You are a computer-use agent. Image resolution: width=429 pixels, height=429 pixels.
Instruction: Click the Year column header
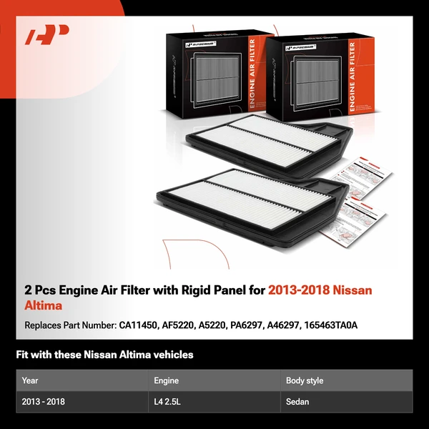(30, 380)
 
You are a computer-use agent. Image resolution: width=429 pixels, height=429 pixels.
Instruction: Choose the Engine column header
(167, 380)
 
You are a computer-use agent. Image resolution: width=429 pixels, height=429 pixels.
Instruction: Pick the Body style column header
(305, 380)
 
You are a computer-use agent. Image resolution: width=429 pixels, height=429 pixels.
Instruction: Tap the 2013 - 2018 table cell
(44, 402)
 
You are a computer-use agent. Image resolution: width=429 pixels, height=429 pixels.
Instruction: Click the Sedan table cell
(297, 402)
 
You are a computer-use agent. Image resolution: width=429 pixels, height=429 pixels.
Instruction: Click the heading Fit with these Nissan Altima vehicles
(104, 355)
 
